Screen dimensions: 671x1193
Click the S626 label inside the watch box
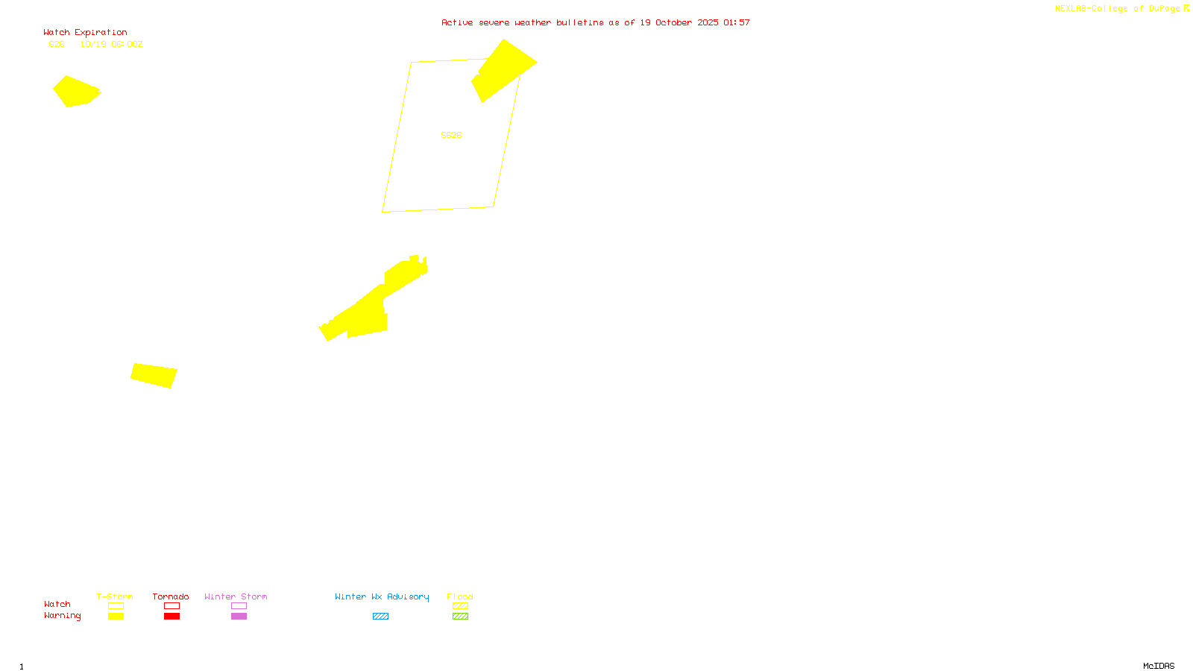[x=451, y=135]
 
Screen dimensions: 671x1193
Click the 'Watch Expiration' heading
[x=85, y=33]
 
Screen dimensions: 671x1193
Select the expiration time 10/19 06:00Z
[x=111, y=45]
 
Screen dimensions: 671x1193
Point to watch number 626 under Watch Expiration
[x=57, y=45]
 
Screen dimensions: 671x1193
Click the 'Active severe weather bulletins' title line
[x=595, y=23]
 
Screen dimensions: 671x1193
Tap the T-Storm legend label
[x=115, y=596]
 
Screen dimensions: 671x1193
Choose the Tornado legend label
[x=171, y=596]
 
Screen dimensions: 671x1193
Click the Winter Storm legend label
[x=236, y=596]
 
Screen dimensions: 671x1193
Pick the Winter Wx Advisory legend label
[x=382, y=596]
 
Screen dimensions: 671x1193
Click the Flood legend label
[x=460, y=596]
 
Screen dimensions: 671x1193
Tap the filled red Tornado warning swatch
[x=172, y=617]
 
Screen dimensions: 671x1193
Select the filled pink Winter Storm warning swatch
[x=239, y=617]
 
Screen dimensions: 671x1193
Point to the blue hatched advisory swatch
[x=380, y=617]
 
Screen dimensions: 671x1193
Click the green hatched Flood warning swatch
[x=460, y=617]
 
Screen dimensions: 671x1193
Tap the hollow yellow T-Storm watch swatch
[x=116, y=606]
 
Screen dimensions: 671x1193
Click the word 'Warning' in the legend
[x=62, y=616]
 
